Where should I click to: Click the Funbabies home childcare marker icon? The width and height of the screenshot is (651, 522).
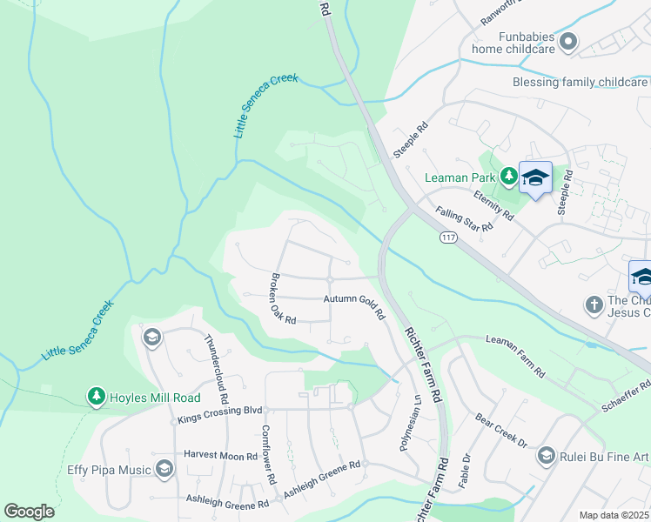click(568, 41)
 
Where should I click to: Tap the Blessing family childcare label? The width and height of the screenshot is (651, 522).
click(581, 83)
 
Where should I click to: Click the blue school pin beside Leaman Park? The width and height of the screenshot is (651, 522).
click(535, 178)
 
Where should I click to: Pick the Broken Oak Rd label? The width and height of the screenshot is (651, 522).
click(283, 299)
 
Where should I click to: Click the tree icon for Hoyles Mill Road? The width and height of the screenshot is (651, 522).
click(96, 398)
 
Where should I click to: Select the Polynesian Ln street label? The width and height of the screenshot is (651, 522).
click(410, 423)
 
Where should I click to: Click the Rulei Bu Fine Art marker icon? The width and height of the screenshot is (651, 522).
click(547, 455)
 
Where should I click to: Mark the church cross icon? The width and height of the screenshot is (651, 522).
click(594, 304)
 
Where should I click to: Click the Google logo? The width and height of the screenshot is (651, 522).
click(30, 512)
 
